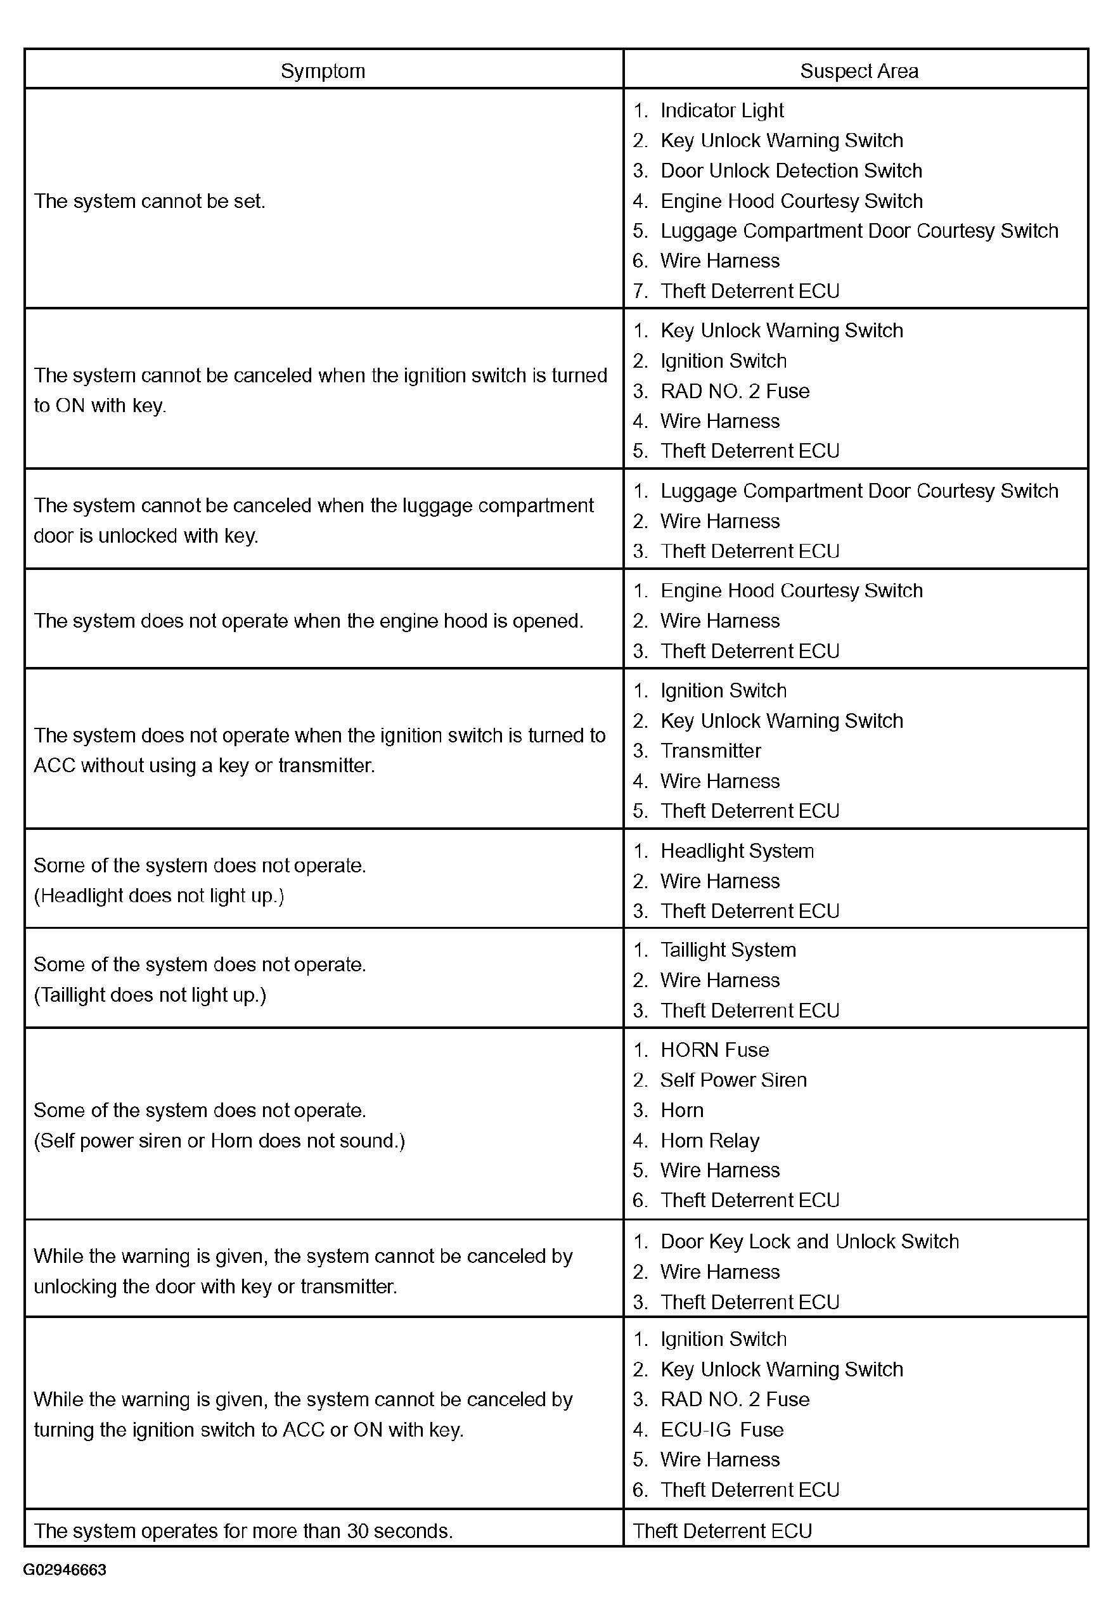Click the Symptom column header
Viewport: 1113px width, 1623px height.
coord(323,70)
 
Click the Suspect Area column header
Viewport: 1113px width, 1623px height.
coord(858,70)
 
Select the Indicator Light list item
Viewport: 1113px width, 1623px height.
coord(721,110)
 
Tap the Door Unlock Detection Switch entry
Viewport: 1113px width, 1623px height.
coord(790,171)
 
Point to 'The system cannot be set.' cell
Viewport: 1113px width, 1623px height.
coord(150,201)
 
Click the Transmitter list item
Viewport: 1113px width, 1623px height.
coord(710,751)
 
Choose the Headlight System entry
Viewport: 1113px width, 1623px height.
coord(737,851)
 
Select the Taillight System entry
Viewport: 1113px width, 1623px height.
coord(728,950)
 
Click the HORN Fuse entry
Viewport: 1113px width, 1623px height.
coord(714,1050)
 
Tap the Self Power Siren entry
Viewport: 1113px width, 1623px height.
coord(733,1080)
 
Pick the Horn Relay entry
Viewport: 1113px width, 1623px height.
coord(709,1141)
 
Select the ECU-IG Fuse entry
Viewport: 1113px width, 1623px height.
coord(722,1430)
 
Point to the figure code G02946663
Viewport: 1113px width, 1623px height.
coord(65,1570)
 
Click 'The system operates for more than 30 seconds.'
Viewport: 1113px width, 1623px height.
coord(243,1531)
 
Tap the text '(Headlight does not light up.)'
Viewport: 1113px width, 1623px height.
coord(158,895)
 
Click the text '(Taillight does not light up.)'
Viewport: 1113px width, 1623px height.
coord(150,995)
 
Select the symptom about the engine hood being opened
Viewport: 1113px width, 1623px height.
coord(308,621)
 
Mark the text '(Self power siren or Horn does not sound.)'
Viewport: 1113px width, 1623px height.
coord(219,1141)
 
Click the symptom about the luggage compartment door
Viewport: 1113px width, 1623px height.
coord(314,521)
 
